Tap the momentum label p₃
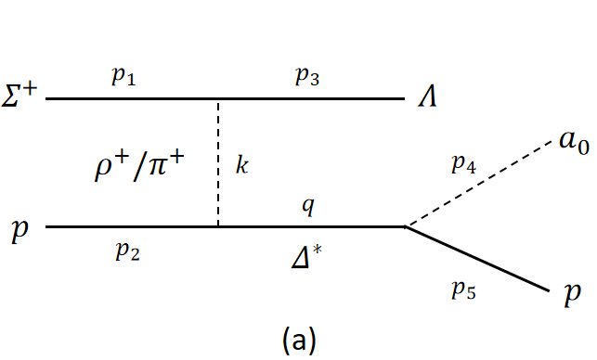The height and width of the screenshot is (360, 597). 309,78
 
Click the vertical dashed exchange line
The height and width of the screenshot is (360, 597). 218,162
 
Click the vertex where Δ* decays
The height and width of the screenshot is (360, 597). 405,225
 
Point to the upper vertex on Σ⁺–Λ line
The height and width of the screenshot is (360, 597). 218,98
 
